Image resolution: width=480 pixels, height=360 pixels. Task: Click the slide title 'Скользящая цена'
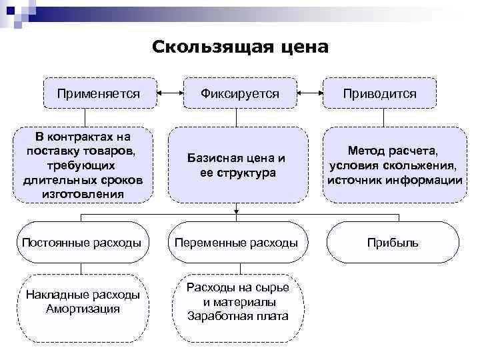239,47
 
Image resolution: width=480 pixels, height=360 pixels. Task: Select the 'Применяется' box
98,94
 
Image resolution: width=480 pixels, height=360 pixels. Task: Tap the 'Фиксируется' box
239,94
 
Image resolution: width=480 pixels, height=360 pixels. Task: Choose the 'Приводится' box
379,94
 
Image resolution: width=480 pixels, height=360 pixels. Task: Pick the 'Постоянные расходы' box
81,243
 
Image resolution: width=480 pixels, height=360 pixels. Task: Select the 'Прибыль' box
393,243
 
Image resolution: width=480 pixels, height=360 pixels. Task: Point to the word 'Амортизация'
83,309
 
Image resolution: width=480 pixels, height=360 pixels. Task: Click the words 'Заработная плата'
238,315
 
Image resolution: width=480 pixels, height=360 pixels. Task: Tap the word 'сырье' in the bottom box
274,287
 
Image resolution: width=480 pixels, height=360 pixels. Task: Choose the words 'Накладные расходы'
83,295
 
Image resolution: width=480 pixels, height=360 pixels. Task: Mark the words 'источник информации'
393,180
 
